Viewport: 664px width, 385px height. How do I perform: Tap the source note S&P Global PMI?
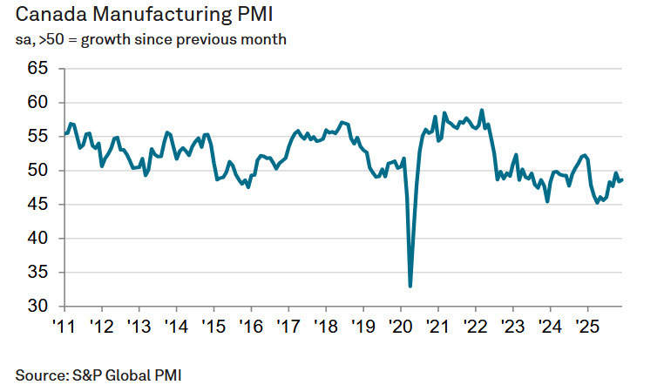97,375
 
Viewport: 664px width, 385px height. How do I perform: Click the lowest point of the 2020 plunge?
410,286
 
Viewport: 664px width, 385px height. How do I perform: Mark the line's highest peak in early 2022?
482,110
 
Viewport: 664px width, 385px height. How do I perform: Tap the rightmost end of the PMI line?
622,179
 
